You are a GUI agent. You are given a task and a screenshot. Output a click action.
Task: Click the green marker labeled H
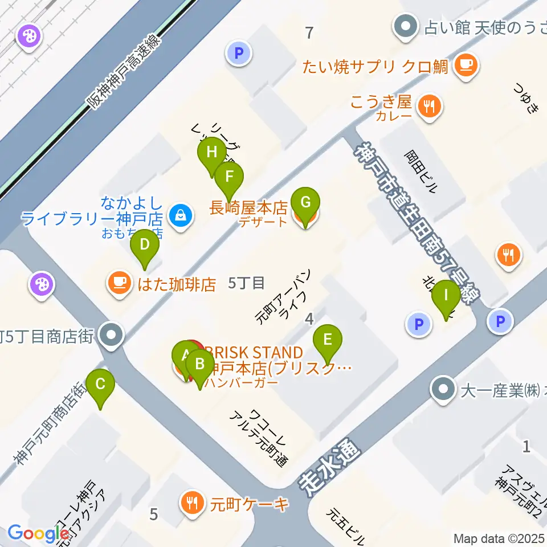click(211, 153)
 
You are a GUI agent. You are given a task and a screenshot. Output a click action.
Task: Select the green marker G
click(305, 202)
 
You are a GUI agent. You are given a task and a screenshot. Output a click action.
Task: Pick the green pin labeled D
click(145, 245)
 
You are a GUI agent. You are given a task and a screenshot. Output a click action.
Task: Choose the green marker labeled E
click(328, 340)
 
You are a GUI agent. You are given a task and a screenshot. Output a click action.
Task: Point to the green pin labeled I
click(446, 296)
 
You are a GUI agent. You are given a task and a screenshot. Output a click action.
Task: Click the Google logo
click(38, 533)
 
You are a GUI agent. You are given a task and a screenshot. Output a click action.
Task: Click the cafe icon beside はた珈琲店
click(119, 284)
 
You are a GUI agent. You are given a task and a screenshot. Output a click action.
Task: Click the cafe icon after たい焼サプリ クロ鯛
click(466, 66)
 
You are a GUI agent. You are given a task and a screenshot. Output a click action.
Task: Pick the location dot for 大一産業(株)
click(443, 390)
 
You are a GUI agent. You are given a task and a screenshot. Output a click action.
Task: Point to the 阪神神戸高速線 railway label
click(124, 71)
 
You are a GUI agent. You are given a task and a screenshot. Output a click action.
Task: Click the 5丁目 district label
click(246, 283)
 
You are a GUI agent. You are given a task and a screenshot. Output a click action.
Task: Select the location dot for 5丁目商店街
click(111, 336)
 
